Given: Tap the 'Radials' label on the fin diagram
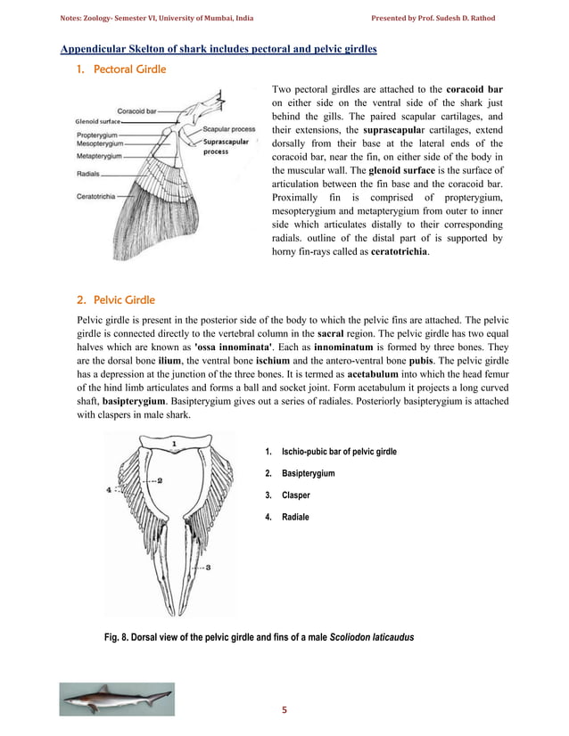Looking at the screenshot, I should click(x=89, y=175).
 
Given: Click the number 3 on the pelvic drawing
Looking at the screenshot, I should click(x=207, y=567).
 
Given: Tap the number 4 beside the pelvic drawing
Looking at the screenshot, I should click(x=109, y=489).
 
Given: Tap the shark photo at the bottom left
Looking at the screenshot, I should click(x=117, y=698).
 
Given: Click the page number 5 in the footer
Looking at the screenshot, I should click(x=284, y=709).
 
